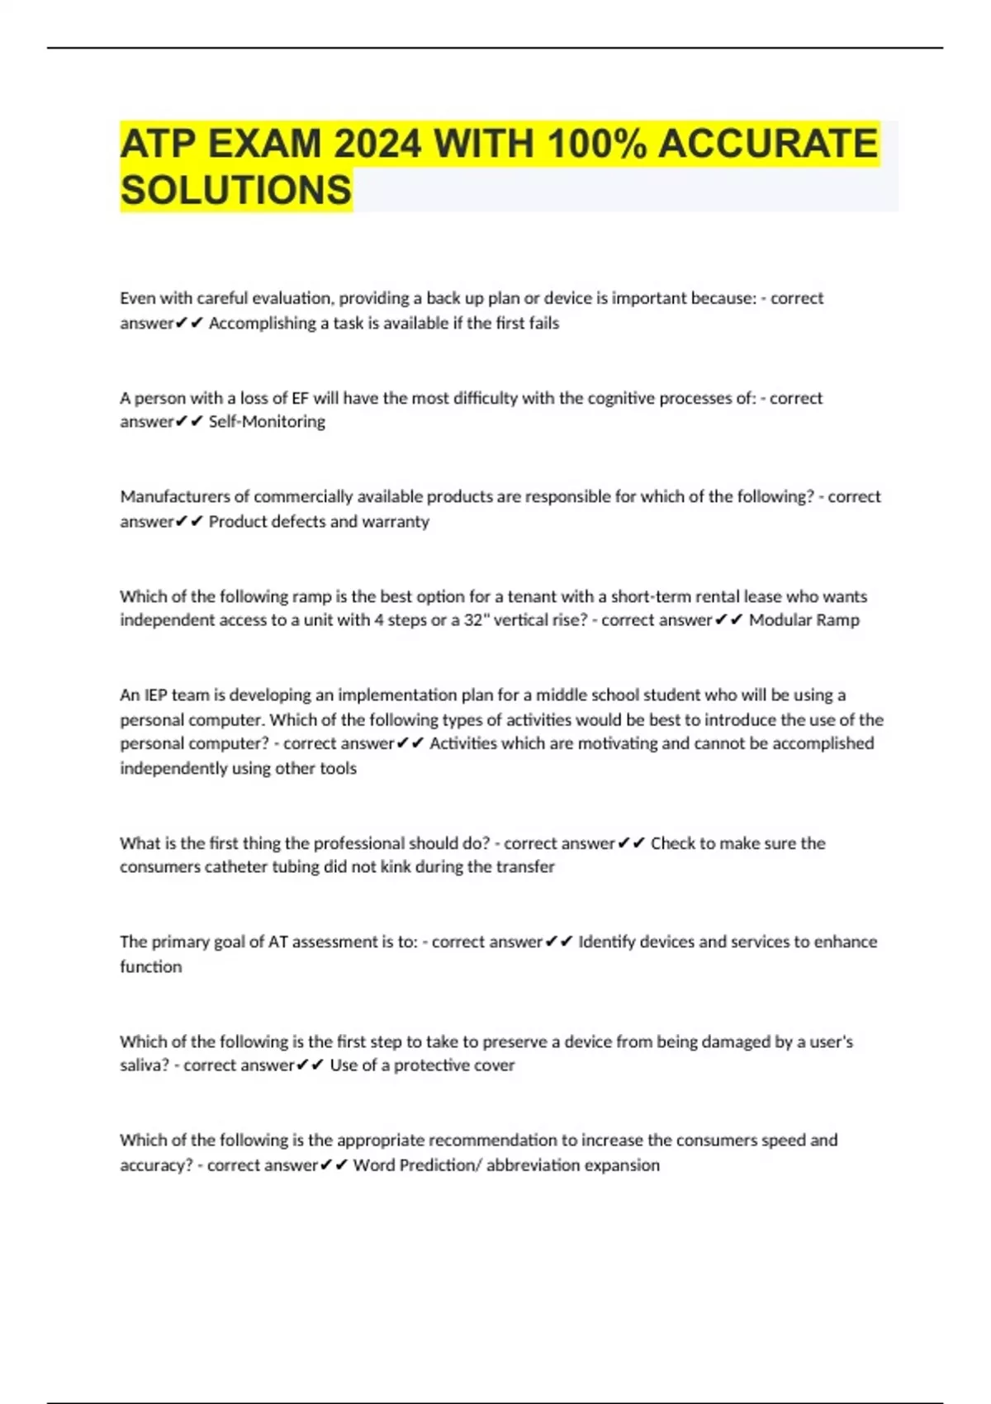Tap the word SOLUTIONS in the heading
236,191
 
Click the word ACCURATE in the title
768,145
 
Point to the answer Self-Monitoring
267,422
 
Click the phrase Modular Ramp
804,620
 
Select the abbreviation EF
300,398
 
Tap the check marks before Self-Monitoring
189,422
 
